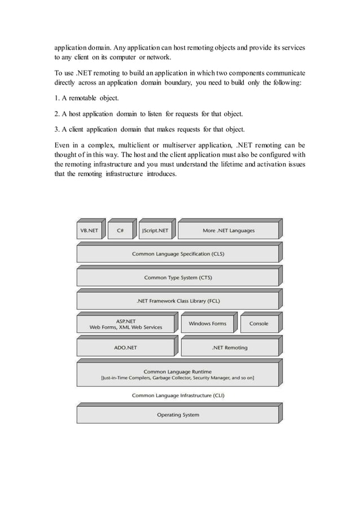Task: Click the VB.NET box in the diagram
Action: (x=88, y=230)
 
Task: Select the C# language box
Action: (x=120, y=230)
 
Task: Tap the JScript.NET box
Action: (x=155, y=230)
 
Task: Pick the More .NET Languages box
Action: (x=228, y=230)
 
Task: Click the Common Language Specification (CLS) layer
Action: (x=178, y=254)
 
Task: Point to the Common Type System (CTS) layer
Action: (x=178, y=278)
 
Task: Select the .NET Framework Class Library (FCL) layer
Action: (x=178, y=301)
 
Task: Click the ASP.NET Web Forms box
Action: (x=126, y=324)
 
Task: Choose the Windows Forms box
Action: (x=207, y=324)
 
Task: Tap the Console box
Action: (x=258, y=324)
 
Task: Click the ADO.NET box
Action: (x=126, y=348)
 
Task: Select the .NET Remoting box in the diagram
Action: (x=229, y=348)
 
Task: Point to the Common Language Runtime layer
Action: (x=178, y=375)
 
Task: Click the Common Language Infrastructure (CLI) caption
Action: (x=178, y=396)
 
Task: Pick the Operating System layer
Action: (x=178, y=415)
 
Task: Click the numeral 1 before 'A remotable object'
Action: (x=56, y=99)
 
